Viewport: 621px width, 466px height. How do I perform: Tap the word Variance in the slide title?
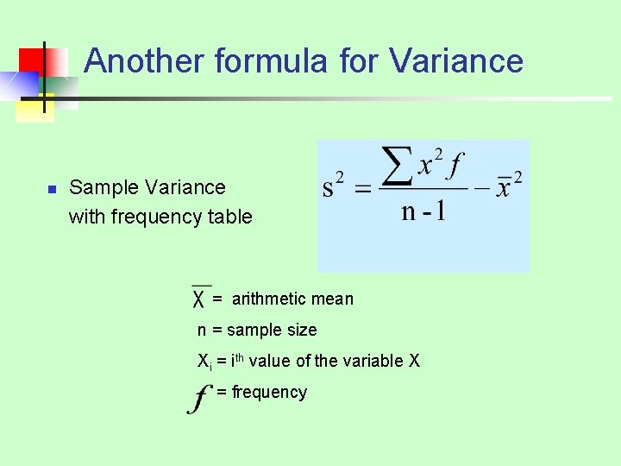click(x=456, y=61)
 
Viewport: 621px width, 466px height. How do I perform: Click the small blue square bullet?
click(x=51, y=189)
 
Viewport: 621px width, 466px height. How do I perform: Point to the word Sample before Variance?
click(x=103, y=187)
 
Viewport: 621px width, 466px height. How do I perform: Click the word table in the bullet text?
click(x=230, y=217)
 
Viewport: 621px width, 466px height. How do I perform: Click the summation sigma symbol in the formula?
click(x=396, y=165)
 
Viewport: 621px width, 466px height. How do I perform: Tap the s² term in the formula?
click(x=333, y=186)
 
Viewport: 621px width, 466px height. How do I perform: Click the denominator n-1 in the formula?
click(x=423, y=211)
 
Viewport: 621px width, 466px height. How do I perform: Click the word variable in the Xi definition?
click(x=343, y=361)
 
